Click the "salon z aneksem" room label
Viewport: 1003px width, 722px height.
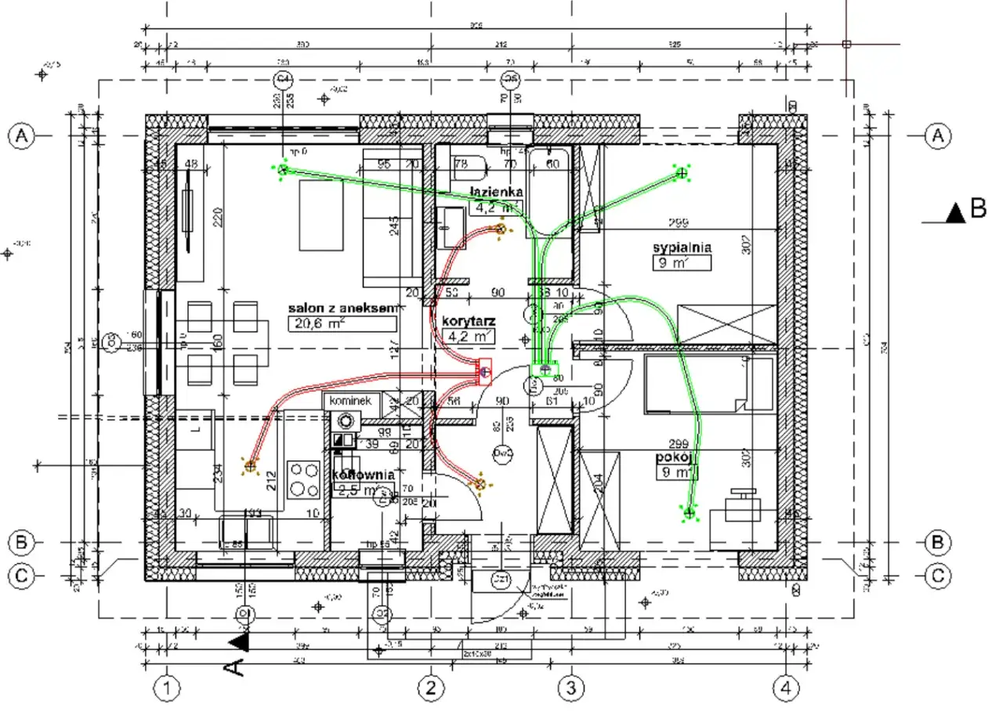click(339, 309)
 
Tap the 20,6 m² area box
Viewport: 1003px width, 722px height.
click(341, 323)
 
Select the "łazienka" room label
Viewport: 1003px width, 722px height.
click(496, 192)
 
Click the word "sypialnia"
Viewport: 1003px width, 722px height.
click(682, 247)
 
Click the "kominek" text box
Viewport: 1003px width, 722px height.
click(349, 400)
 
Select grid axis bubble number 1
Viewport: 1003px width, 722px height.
click(166, 689)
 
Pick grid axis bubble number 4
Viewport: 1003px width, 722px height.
click(786, 689)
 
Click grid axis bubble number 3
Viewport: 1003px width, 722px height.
click(570, 689)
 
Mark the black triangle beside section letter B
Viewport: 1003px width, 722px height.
click(954, 213)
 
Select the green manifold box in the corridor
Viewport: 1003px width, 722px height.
click(543, 368)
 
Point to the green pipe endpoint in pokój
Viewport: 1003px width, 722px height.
click(690, 513)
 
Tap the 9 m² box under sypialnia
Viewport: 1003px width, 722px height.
click(682, 263)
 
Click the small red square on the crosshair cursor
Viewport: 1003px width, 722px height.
click(846, 44)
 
